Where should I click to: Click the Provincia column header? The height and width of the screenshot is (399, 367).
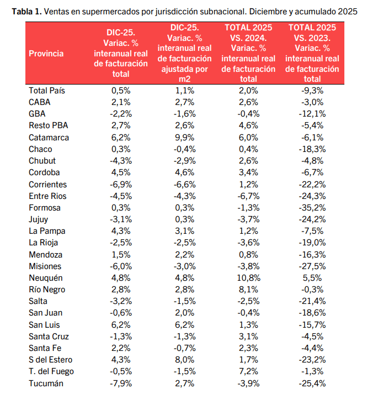coord(46,54)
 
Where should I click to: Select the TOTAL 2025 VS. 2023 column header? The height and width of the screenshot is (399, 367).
coord(312,50)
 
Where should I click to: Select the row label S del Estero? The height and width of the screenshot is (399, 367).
coord(51,360)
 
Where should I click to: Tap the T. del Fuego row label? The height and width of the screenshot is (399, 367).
coord(51,371)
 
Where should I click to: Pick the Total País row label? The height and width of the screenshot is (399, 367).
coord(47,90)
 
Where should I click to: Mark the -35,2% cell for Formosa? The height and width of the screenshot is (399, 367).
coord(312,207)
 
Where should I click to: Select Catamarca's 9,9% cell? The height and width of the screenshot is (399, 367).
coord(184,137)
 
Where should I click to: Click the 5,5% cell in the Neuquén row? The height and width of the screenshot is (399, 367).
coord(312,277)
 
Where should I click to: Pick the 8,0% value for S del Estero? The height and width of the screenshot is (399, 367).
coord(184,360)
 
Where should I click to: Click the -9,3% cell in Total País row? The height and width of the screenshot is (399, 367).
coord(312,90)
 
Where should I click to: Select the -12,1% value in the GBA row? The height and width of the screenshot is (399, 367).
coord(312,113)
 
